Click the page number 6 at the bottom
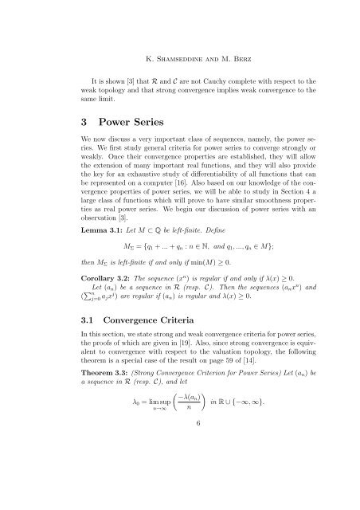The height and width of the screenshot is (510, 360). pos(180,492)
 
